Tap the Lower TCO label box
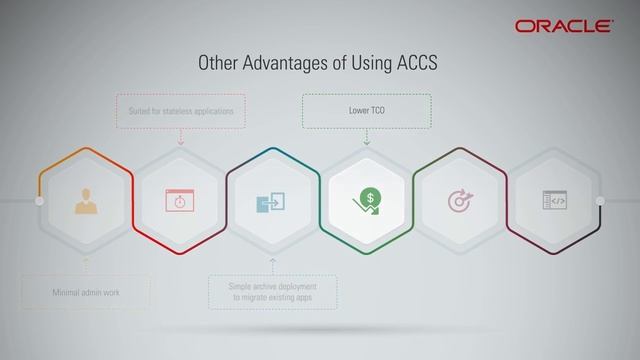367,111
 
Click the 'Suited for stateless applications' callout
181,111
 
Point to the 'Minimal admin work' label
86,293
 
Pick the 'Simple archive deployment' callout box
273,292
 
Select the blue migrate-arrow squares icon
273,201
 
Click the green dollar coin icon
367,201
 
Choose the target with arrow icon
460,201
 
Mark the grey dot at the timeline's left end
40,201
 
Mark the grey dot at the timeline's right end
600,201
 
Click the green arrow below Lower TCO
367,141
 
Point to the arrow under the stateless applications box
181,141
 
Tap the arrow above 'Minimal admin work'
86,262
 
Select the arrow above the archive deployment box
273,261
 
